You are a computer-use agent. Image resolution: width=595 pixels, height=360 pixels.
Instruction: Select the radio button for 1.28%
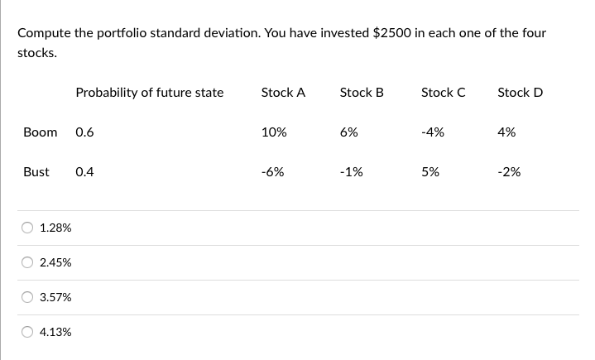28,228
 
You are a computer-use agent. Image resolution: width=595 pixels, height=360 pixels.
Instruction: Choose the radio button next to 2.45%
28,262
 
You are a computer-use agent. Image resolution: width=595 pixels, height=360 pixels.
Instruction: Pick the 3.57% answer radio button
28,297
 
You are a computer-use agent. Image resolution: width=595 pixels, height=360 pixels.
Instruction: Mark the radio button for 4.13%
28,332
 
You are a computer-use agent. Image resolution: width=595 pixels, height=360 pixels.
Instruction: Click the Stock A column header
283,93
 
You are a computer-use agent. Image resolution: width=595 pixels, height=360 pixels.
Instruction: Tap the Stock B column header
362,93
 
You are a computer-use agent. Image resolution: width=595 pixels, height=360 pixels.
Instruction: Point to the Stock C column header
443,93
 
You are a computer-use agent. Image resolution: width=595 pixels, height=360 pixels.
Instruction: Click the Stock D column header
520,93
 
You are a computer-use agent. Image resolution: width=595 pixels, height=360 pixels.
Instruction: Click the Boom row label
41,132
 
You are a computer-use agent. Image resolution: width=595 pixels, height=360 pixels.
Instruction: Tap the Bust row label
36,172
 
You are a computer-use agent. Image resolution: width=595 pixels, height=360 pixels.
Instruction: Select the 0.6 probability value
84,132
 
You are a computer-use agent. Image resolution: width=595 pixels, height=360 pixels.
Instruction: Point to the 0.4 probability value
84,172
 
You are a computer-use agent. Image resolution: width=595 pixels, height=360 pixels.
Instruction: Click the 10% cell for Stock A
273,132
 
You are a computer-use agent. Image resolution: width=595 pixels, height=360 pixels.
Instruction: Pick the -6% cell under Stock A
272,172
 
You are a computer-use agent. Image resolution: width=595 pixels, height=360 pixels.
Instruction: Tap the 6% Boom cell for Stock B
348,132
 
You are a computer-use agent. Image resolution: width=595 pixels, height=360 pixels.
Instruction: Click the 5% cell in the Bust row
430,172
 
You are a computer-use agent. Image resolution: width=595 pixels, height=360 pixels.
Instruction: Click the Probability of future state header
149,93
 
